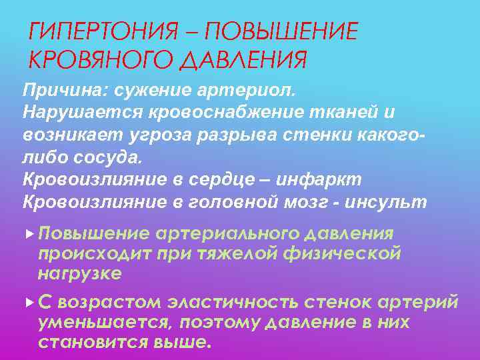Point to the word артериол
tap(254, 89)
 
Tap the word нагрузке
tap(80, 273)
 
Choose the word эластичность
tap(234, 302)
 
